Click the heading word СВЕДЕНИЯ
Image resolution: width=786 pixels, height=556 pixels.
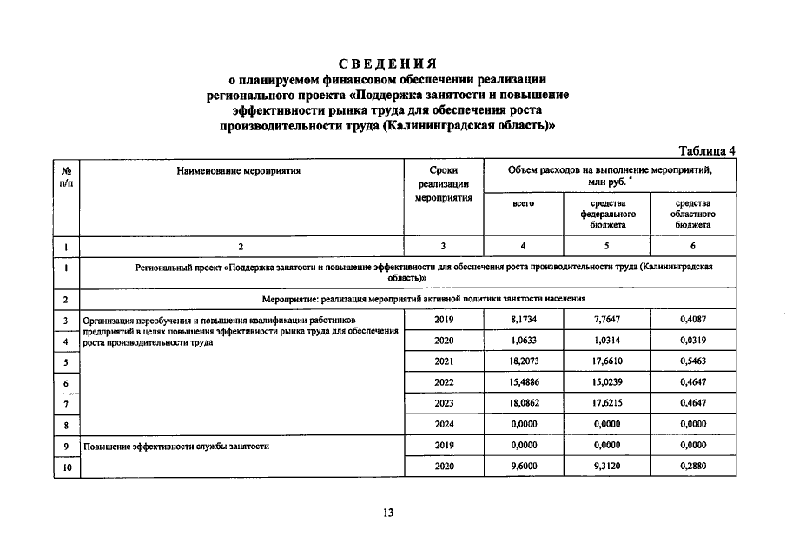pos(387,63)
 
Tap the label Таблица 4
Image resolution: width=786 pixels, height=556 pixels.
pos(707,149)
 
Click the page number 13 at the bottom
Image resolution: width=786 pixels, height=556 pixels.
pos(388,513)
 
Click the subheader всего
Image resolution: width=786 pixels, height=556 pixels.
pos(524,203)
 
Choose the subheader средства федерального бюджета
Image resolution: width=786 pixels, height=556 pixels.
pos(608,214)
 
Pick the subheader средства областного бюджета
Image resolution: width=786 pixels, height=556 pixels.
pos(694,214)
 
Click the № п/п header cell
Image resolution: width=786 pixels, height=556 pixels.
pos(66,176)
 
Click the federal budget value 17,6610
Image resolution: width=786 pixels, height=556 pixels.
pos(608,361)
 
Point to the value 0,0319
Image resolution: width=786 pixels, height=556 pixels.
pos(694,341)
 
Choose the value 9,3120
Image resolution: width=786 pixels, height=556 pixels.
pos(608,467)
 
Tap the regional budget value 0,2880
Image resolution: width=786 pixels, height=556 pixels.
pos(694,467)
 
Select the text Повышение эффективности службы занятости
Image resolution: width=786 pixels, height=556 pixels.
pos(176,447)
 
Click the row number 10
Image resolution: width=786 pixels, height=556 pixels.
pos(66,467)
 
